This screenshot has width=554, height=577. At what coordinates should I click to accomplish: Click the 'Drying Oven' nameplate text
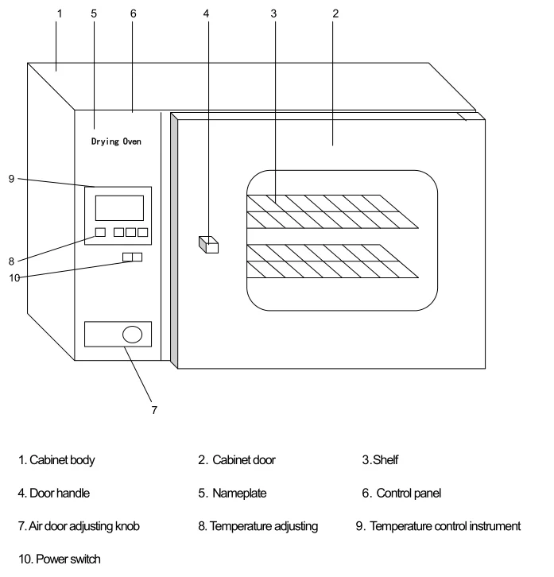(116, 141)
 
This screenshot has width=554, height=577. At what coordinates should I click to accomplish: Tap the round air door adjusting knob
(133, 335)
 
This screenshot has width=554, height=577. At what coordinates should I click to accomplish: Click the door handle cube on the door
(208, 245)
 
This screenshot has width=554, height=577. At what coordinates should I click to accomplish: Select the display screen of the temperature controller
(119, 207)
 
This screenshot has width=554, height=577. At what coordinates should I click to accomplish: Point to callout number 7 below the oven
(154, 410)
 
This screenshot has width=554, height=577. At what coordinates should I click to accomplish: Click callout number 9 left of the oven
(11, 179)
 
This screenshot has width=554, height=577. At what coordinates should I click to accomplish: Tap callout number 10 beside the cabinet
(14, 277)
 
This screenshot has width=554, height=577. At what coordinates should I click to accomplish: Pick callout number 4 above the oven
(207, 13)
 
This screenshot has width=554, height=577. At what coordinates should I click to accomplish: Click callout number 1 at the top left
(57, 13)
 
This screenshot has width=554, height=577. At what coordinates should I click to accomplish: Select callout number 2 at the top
(335, 13)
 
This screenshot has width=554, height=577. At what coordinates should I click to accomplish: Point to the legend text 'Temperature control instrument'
(445, 526)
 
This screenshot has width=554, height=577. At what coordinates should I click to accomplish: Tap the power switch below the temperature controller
(132, 257)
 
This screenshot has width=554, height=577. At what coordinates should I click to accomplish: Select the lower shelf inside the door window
(330, 261)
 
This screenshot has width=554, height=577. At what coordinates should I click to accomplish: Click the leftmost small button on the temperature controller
(99, 232)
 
